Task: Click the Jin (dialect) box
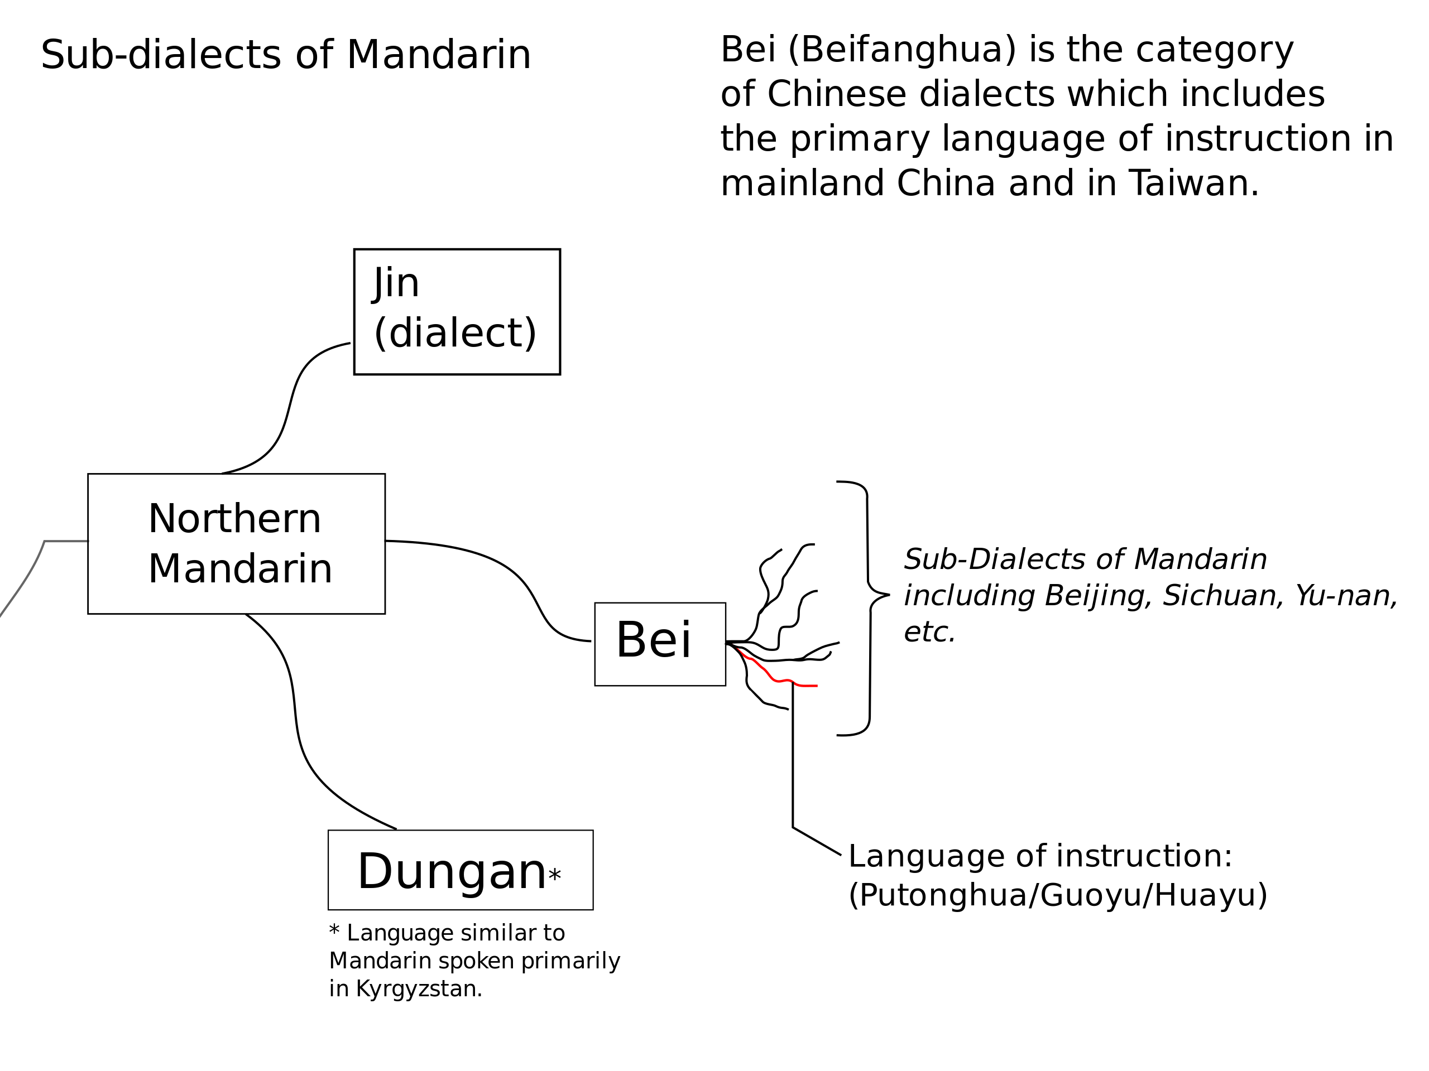point(457,311)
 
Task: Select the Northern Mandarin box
point(237,543)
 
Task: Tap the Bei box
point(660,644)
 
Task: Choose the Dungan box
point(461,870)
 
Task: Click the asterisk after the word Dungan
point(554,875)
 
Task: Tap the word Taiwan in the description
point(1194,184)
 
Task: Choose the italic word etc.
point(929,632)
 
